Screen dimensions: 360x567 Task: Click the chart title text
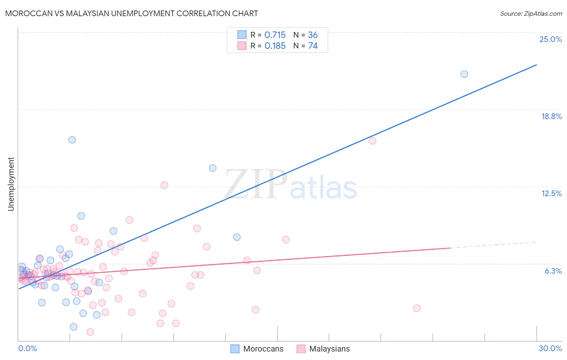(131, 13)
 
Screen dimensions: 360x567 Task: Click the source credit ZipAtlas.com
(531, 13)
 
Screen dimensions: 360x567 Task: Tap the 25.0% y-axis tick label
(550, 39)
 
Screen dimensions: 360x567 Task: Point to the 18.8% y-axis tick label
(551, 116)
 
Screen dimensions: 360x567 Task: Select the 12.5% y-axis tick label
(551, 193)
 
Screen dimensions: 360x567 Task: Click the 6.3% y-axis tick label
(553, 271)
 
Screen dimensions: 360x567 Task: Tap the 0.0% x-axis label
(27, 348)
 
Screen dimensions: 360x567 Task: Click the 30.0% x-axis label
(550, 348)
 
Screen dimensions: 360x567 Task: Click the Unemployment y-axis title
(11, 184)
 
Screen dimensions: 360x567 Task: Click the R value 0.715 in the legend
(275, 35)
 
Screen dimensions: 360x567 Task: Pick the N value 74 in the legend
(313, 46)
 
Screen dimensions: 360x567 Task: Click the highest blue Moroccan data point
(464, 74)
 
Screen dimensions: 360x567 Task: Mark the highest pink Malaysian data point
(373, 141)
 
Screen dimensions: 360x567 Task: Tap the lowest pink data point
(90, 332)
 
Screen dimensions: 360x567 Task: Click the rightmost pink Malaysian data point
(417, 308)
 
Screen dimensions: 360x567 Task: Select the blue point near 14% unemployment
(213, 168)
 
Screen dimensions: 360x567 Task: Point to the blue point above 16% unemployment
(72, 140)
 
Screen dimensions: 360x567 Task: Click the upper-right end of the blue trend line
(536, 65)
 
